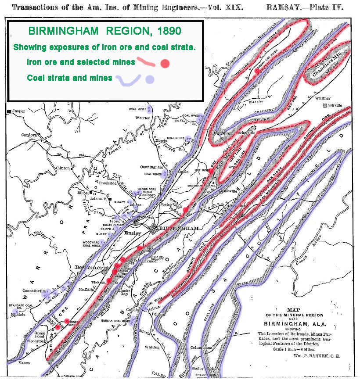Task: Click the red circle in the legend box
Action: (165, 64)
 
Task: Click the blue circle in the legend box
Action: (150, 79)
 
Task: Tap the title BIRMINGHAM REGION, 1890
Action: (105, 32)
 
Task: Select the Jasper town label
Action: (19, 111)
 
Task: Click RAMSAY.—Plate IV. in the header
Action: (305, 7)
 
